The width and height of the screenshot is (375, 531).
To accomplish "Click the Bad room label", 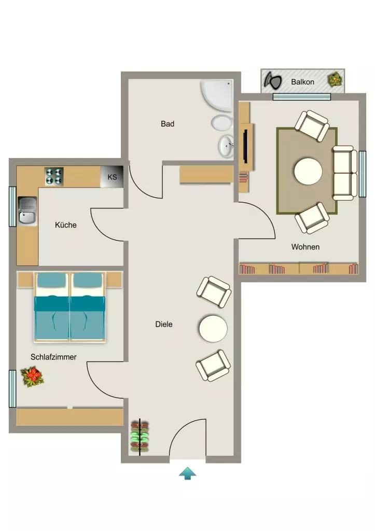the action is tap(168, 124).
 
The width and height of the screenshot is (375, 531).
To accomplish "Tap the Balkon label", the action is tap(302, 82).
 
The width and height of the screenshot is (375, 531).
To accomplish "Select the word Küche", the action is tap(66, 225).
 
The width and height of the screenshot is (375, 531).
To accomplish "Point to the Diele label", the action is tap(164, 324).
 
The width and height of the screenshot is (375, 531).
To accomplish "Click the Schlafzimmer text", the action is tap(53, 357).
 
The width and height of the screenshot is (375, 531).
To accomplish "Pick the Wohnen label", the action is tap(305, 247).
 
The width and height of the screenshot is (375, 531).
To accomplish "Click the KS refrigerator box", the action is tap(112, 177).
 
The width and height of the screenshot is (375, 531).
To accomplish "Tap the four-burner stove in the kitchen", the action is tap(54, 176).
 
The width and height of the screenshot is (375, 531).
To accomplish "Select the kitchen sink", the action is tap(27, 211).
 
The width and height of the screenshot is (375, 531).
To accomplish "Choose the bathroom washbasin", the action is tap(225, 146).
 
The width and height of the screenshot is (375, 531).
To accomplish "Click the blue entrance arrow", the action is tap(188, 473).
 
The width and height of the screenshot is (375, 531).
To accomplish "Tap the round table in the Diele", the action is tap(213, 329).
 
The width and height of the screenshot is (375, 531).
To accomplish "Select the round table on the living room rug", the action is tap(308, 172).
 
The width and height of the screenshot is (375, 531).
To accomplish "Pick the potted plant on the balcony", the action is tap(335, 80).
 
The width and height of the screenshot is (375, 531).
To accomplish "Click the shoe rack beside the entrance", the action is tap(140, 436).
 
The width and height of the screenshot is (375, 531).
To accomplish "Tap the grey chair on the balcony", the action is tap(273, 81).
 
